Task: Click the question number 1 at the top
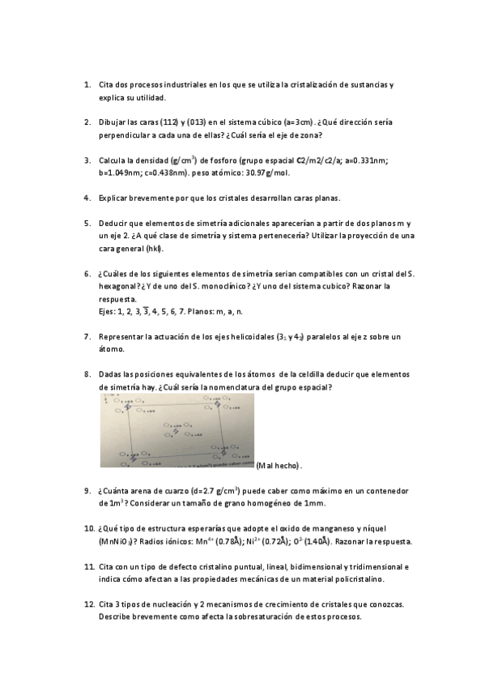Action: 87,84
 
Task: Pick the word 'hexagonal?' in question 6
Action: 117,286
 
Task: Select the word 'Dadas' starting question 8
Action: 111,374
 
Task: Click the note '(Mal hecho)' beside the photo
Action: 279,466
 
